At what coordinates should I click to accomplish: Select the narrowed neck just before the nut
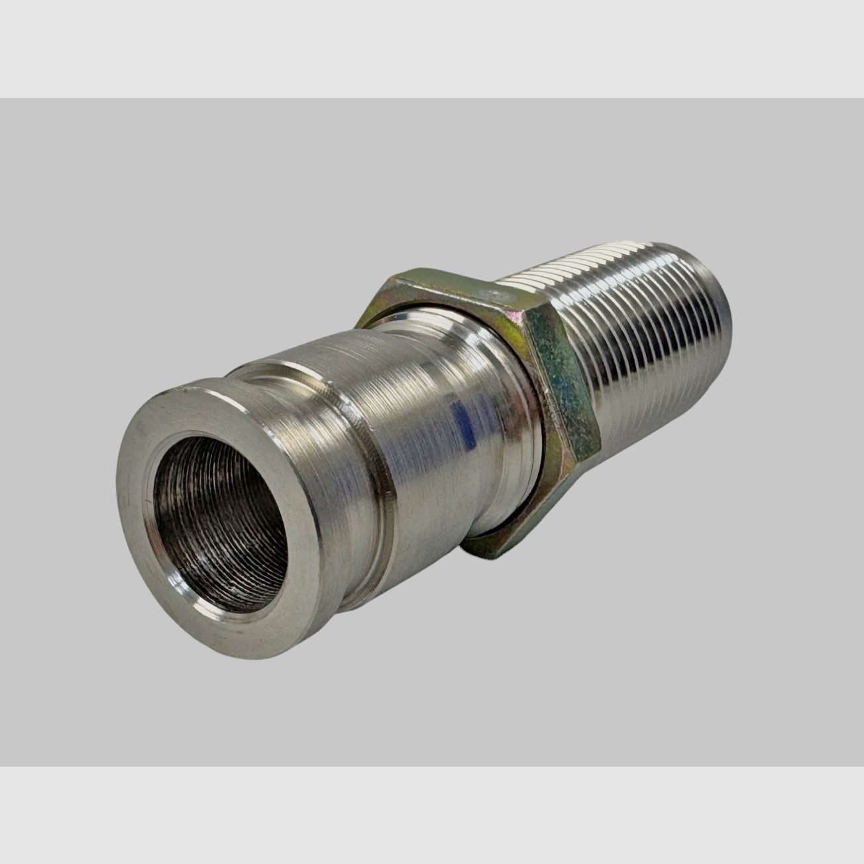click(510, 464)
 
